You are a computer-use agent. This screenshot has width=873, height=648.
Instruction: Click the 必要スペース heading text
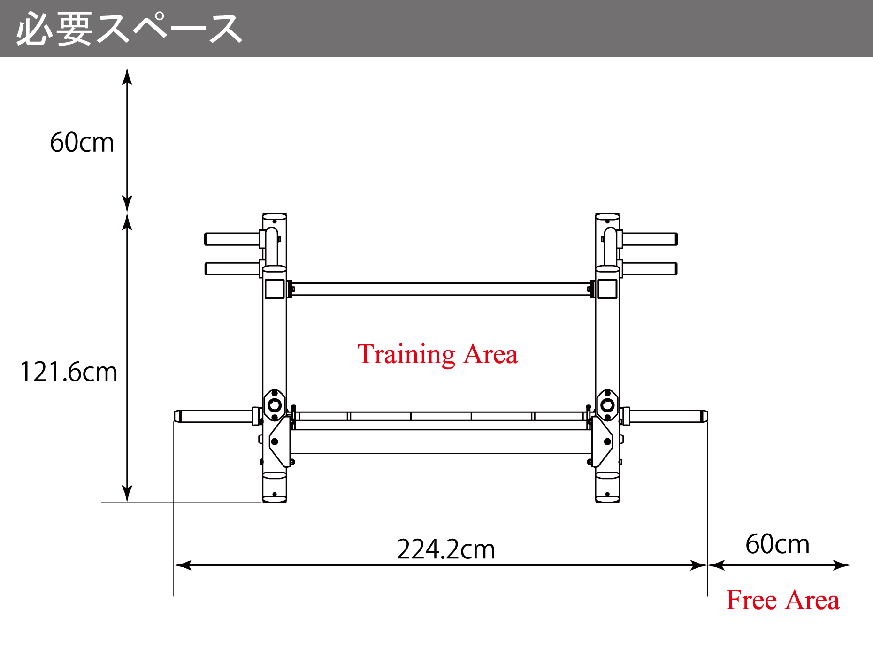pos(129,29)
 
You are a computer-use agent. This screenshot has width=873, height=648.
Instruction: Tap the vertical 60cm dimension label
pos(82,142)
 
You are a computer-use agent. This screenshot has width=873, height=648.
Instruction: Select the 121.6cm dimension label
pos(69,372)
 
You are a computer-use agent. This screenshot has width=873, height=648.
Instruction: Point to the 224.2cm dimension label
pos(446,549)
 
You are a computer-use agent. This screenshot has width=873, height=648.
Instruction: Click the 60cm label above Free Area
pos(778,544)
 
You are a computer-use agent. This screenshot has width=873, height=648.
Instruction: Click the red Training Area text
pos(437,354)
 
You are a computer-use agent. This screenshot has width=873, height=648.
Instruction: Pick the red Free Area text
pos(783,600)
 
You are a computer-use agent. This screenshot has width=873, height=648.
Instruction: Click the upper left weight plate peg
pos(233,239)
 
